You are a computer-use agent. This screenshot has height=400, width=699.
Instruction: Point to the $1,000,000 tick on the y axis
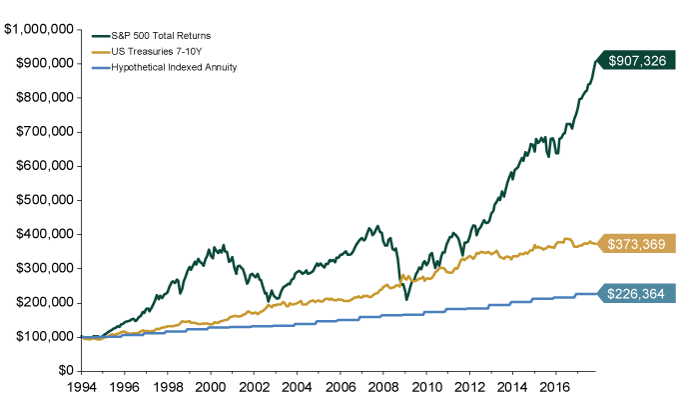pos(40,30)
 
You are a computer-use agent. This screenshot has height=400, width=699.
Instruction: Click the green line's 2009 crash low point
pos(406,299)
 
